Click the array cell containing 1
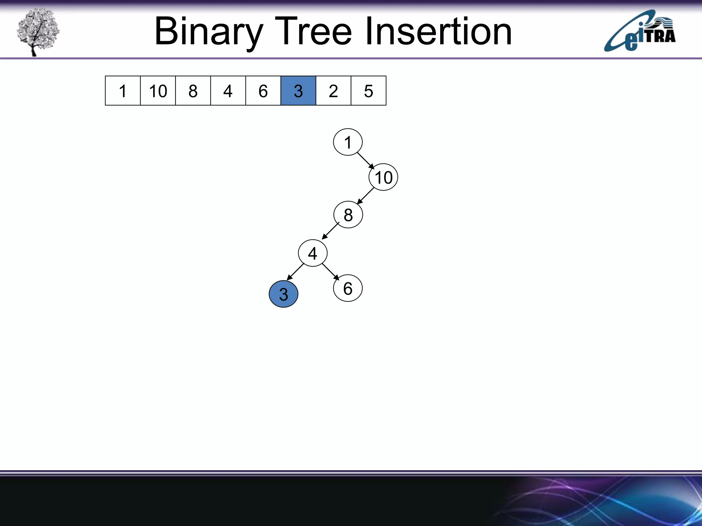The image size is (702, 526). [x=123, y=91]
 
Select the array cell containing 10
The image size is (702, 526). [x=158, y=91]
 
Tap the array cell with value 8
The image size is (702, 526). [x=193, y=91]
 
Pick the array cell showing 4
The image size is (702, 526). [x=228, y=91]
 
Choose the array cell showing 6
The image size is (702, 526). [x=263, y=91]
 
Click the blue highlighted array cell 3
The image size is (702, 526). [x=298, y=91]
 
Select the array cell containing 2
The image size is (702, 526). [x=333, y=91]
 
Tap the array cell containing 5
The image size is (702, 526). [x=368, y=91]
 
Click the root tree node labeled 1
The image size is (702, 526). [x=348, y=142]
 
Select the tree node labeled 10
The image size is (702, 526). [x=383, y=177]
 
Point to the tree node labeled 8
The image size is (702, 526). [x=348, y=215]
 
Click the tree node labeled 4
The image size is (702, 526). [x=313, y=253]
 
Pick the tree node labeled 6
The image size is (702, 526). [x=348, y=288]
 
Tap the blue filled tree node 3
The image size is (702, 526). [x=283, y=294]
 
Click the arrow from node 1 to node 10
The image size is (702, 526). [x=366, y=161]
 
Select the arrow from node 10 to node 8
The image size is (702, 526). [x=365, y=196]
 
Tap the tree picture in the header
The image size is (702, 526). [x=38, y=32]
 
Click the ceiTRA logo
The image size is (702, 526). [x=640, y=32]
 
